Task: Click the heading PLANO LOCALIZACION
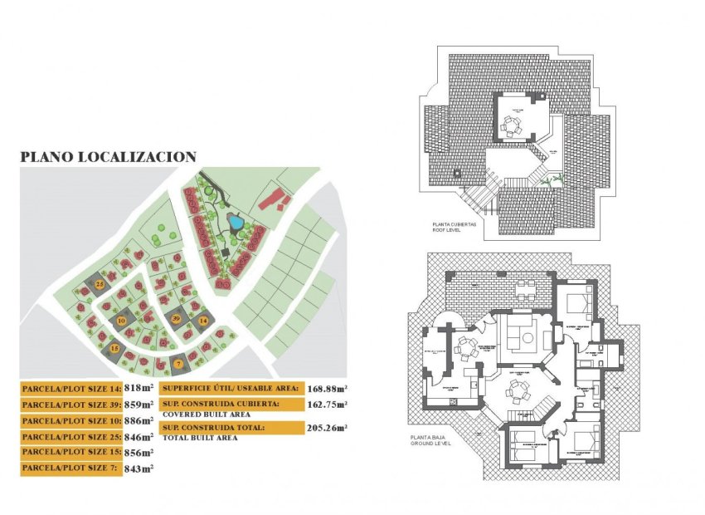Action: pos(108,156)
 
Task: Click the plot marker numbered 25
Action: pos(100,284)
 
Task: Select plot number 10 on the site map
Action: pos(121,320)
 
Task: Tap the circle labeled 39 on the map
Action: pos(176,318)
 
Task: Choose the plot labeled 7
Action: pos(178,363)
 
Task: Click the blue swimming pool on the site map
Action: pos(235,223)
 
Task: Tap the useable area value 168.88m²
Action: pos(327,388)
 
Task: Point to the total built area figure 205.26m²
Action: pos(327,428)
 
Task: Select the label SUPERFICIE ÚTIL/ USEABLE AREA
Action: pos(228,388)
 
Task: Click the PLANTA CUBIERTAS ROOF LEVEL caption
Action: pos(453,228)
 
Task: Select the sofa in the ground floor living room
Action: pos(523,337)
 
